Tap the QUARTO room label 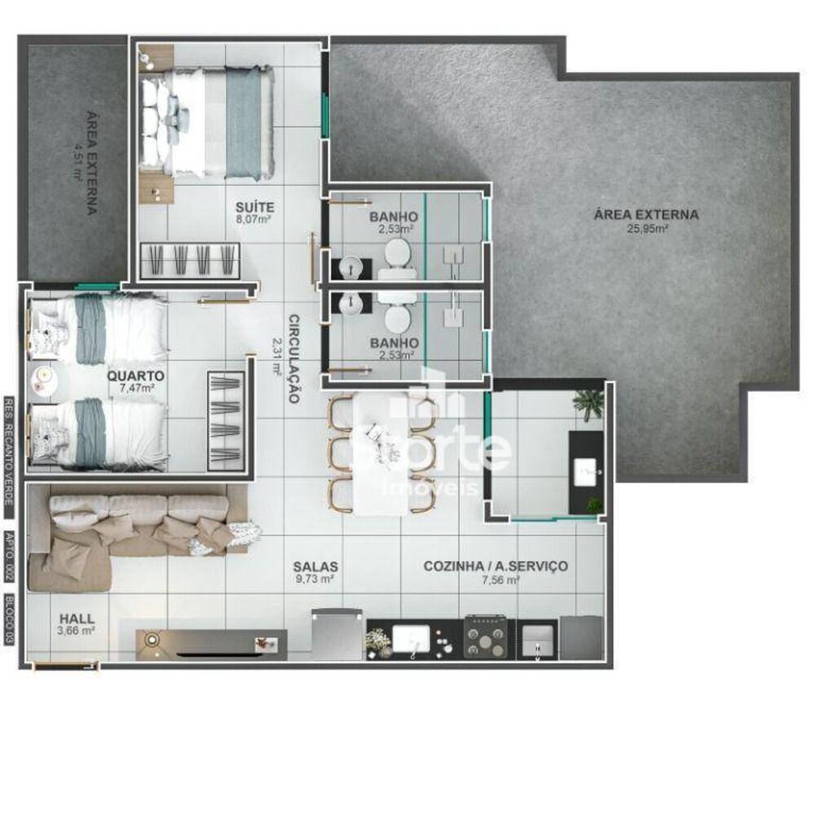(x=135, y=376)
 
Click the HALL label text (x=77, y=617)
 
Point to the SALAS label (x=316, y=566)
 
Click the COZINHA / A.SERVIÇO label (x=496, y=566)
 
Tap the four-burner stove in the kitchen (x=487, y=637)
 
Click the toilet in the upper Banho (x=399, y=253)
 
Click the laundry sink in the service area (x=585, y=471)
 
